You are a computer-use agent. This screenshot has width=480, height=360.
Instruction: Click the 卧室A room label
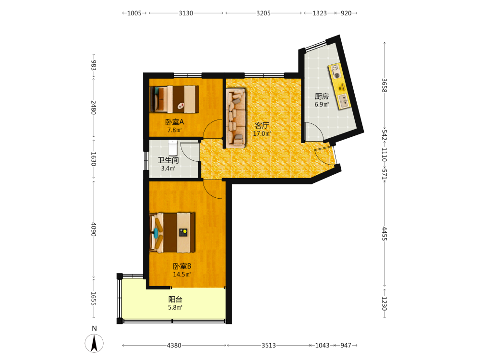pyautogui.click(x=175, y=122)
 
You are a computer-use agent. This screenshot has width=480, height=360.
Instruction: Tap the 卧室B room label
pyautogui.click(x=182, y=266)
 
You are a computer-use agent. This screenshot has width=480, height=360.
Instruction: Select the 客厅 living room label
pyautogui.click(x=262, y=125)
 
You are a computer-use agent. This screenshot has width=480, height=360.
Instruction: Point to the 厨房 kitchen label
pyautogui.click(x=322, y=96)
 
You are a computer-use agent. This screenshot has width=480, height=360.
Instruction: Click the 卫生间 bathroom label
pyautogui.click(x=168, y=160)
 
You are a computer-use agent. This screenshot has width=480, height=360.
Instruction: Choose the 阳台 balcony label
pyautogui.click(x=175, y=300)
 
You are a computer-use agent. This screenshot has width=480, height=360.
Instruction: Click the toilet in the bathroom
pyautogui.click(x=173, y=147)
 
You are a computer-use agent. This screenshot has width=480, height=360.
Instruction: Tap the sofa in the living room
pyautogui.click(x=236, y=118)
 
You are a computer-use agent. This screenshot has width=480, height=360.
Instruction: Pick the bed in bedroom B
pyautogui.click(x=172, y=233)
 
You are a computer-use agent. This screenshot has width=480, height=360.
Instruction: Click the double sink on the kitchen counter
pyautogui.click(x=343, y=101)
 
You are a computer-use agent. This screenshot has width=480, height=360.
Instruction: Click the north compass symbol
pyautogui.click(x=94, y=343)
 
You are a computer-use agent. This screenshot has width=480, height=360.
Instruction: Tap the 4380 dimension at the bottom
pyautogui.click(x=174, y=345)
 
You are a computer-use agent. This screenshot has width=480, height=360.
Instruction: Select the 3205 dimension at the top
pyautogui.click(x=264, y=13)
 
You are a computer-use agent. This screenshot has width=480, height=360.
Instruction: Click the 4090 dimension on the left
pyautogui.click(x=94, y=229)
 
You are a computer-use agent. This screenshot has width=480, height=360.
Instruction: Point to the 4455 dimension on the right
pyautogui.click(x=384, y=234)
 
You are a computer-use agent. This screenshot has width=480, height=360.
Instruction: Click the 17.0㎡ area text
pyautogui.click(x=262, y=134)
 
